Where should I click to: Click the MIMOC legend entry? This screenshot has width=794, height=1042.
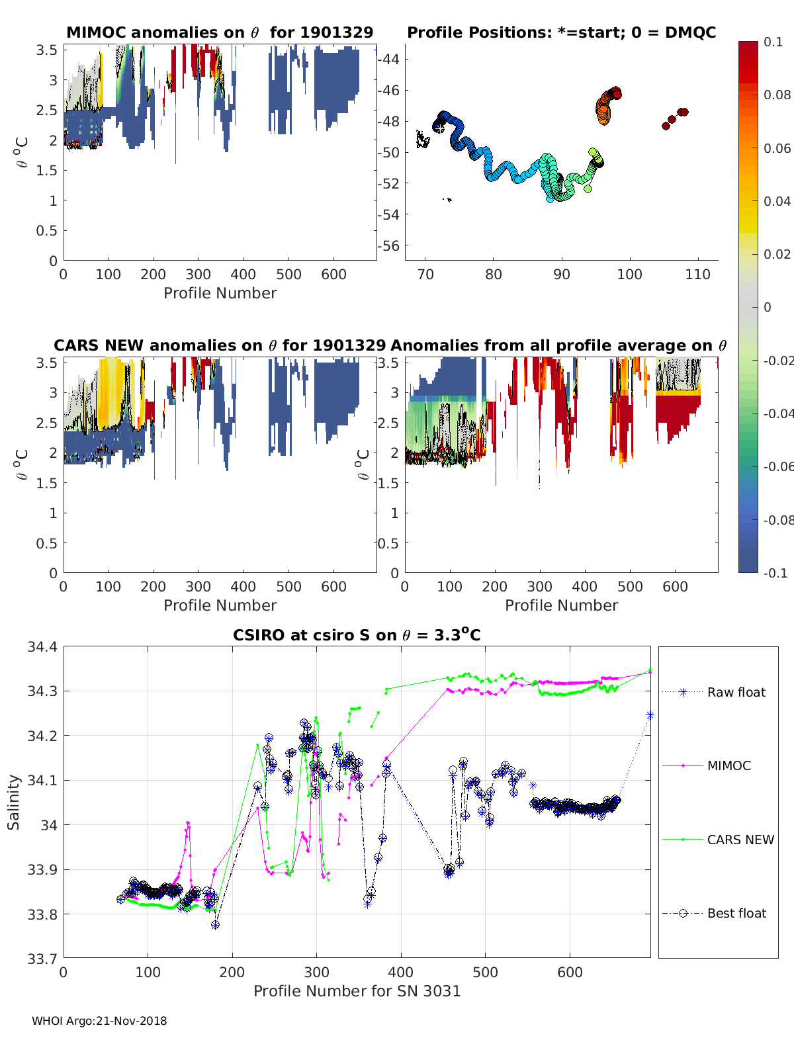coord(728,765)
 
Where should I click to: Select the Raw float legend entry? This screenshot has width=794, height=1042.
coord(736,692)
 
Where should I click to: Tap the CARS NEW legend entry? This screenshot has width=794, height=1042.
coord(740,840)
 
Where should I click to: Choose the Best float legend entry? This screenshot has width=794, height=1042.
coord(736,913)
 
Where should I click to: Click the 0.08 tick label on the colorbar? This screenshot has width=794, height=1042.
coord(777,95)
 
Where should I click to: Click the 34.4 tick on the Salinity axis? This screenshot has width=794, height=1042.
coord(42,647)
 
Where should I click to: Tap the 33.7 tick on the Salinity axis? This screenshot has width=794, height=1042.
coord(42,957)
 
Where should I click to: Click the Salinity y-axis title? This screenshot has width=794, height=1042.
coord(13,802)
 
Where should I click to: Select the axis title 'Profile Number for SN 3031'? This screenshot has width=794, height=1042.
coord(357,990)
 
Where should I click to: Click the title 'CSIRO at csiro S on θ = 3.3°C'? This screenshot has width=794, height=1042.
coord(357,635)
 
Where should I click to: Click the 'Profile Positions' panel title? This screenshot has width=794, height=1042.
coord(561,32)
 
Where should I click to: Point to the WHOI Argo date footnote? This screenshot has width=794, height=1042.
coord(99,1021)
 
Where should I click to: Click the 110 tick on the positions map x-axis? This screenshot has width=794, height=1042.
coord(697,275)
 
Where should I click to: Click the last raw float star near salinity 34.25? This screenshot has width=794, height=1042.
coord(650,715)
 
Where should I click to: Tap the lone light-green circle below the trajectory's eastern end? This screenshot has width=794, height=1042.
coord(588,189)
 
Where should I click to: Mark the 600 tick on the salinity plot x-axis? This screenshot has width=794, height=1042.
coord(570,972)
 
